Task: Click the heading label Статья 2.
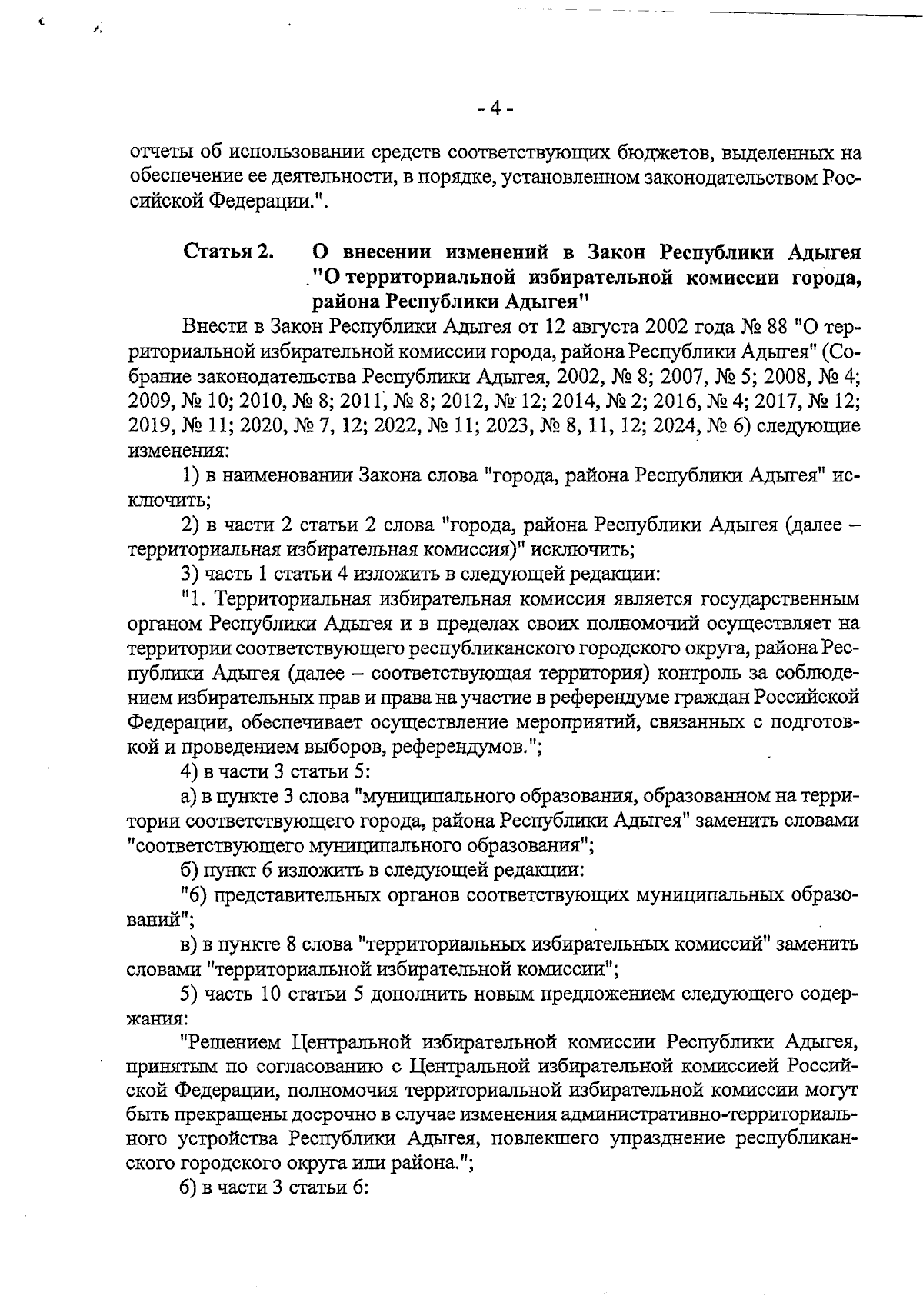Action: tap(228, 252)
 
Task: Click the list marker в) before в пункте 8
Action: tap(190, 944)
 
